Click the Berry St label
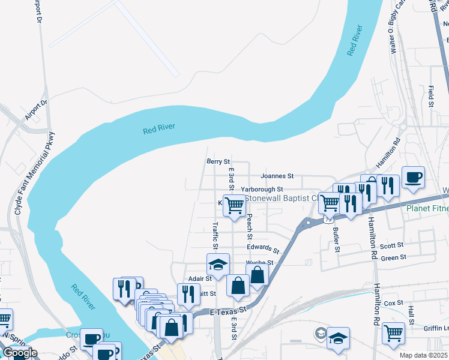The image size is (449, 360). click(x=218, y=161)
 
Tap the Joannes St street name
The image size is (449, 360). click(x=277, y=176)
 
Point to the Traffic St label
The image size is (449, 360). click(x=215, y=235)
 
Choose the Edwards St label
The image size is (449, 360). click(x=263, y=248)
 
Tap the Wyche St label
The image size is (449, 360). click(x=259, y=263)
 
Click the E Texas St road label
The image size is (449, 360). click(x=229, y=311)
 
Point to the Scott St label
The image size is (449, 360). click(x=391, y=245)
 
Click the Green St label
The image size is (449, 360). click(x=393, y=258)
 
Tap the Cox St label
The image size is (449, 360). click(x=393, y=304)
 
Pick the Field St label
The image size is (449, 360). click(x=431, y=96)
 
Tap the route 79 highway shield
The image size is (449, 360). click(x=328, y=220)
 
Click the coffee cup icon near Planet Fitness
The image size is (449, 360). click(x=413, y=178)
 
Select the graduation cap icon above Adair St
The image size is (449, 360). click(x=218, y=265)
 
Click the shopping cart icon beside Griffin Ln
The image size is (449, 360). click(x=393, y=332)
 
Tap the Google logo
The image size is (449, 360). click(x=19, y=353)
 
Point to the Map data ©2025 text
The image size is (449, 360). click(x=423, y=355)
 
